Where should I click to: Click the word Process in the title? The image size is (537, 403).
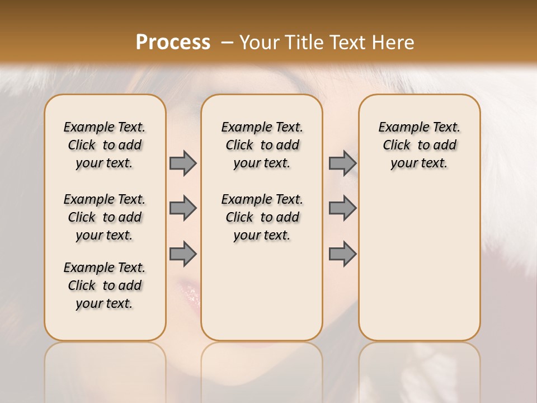[x=173, y=43]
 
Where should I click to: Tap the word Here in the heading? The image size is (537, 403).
[x=391, y=43]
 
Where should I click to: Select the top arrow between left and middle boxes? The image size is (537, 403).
[x=183, y=163]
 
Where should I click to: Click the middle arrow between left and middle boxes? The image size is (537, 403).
[x=183, y=208]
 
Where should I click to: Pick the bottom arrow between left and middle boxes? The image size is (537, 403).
[x=183, y=254]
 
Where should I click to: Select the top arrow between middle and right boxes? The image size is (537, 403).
[x=342, y=163]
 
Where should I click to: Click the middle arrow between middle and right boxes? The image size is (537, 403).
[x=342, y=208]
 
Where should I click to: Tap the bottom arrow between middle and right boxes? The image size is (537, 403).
[x=342, y=254]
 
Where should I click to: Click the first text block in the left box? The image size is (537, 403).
[x=105, y=145]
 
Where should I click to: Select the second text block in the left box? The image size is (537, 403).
[x=105, y=217]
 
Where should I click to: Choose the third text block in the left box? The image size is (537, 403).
[x=105, y=285]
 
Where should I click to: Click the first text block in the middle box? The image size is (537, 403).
[x=262, y=145]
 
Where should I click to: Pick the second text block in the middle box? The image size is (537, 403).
[x=262, y=217]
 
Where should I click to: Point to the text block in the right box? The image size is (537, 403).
[x=419, y=145]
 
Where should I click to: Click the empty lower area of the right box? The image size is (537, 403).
[x=419, y=263]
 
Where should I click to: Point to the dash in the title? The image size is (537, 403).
[x=227, y=43]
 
